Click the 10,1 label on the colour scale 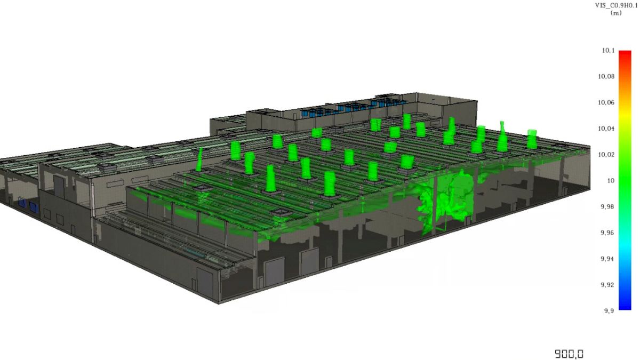609,51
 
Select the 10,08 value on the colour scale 606,77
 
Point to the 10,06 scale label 606,102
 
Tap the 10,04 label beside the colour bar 606,129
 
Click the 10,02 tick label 606,155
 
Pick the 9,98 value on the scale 607,206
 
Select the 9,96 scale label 607,233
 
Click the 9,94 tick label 607,259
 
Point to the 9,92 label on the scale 607,285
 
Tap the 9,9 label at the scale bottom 609,311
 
